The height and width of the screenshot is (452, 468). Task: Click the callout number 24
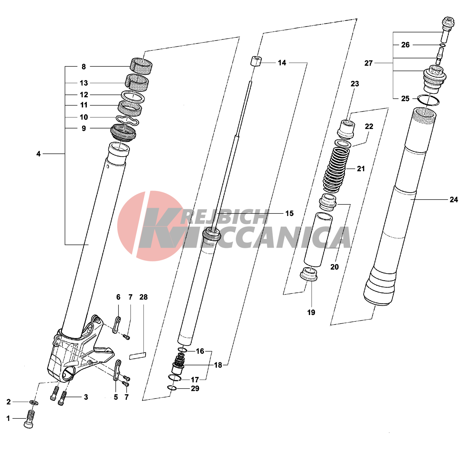(454, 200)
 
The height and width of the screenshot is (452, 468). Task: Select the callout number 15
(289, 213)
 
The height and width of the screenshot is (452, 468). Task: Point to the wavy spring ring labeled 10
(127, 120)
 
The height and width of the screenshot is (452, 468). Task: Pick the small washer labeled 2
(34, 402)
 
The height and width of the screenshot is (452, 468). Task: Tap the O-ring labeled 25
(428, 100)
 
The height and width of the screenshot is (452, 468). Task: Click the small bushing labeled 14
(256, 61)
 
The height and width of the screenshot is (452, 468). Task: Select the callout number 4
(38, 154)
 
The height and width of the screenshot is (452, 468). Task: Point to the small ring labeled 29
(172, 388)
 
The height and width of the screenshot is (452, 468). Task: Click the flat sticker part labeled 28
(137, 356)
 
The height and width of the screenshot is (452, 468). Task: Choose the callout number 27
(368, 63)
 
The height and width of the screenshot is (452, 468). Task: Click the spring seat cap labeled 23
(346, 129)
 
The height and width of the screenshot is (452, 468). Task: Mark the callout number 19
(311, 312)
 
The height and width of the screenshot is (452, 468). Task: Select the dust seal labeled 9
(123, 132)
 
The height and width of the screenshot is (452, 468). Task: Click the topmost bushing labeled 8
(141, 67)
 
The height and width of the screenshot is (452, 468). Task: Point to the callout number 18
(218, 365)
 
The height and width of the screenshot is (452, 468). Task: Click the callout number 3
(86, 397)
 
